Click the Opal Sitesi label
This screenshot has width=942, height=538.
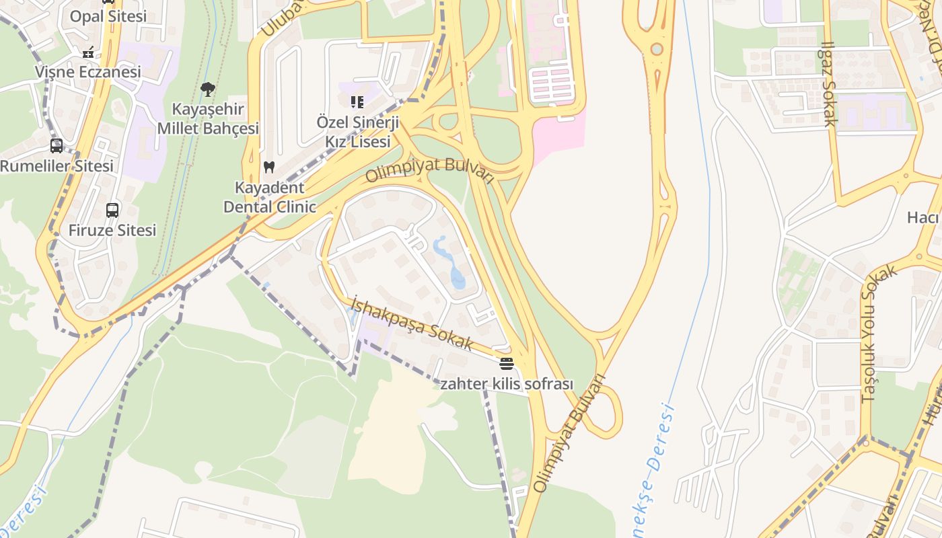point(108,16)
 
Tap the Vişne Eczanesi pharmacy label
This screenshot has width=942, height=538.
point(88,71)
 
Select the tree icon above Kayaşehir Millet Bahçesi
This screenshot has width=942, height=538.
point(208,89)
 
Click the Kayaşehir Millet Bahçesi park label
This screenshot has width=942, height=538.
point(208,118)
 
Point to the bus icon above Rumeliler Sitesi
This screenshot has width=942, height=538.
point(57,146)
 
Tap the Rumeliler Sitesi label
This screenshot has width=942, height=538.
point(57,165)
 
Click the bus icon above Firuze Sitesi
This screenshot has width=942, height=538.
point(112,210)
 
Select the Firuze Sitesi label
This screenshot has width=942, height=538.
point(112,230)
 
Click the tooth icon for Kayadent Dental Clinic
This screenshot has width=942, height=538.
point(269,167)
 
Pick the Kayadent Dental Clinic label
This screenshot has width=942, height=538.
point(269,197)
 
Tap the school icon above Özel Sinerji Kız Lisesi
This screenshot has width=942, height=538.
point(357,102)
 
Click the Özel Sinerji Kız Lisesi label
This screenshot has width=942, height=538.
point(357,132)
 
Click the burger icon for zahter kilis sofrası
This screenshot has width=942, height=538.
point(507,364)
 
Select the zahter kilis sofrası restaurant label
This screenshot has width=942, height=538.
point(507,384)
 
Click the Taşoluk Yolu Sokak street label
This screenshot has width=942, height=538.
point(879,334)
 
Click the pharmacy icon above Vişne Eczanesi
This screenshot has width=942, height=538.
point(88,52)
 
